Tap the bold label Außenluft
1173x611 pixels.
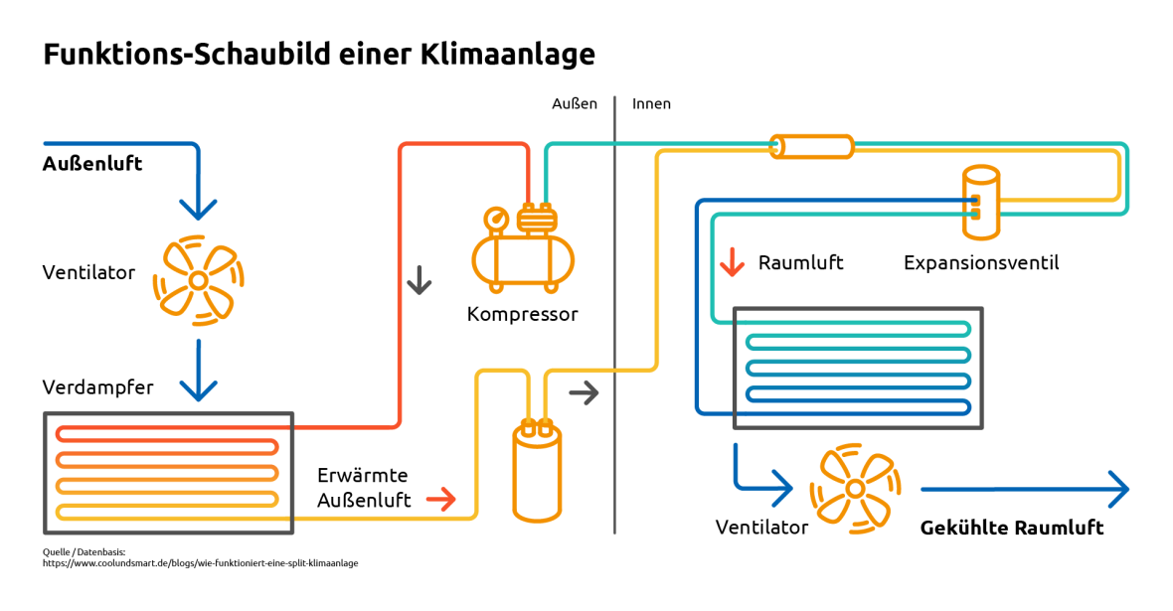pyautogui.click(x=92, y=164)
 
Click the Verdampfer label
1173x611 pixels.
pyautogui.click(x=97, y=387)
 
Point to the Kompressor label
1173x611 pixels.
pyautogui.click(x=522, y=315)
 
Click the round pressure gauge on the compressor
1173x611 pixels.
pyautogui.click(x=494, y=219)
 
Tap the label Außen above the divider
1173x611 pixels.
pyautogui.click(x=575, y=103)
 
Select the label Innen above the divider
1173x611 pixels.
pyautogui.click(x=651, y=103)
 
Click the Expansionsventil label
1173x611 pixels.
pyautogui.click(x=980, y=263)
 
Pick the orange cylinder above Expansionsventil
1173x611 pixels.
pyautogui.click(x=980, y=202)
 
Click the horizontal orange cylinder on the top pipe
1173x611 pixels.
pyautogui.click(x=812, y=147)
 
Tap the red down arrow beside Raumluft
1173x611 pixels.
pyautogui.click(x=732, y=262)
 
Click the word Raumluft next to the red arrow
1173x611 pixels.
pyautogui.click(x=800, y=263)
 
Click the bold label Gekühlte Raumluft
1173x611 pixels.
pyautogui.click(x=1012, y=528)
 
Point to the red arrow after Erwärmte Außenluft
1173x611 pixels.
pyautogui.click(x=440, y=498)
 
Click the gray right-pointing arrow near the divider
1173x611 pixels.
pyautogui.click(x=584, y=392)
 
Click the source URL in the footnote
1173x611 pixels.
pyautogui.click(x=200, y=563)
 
